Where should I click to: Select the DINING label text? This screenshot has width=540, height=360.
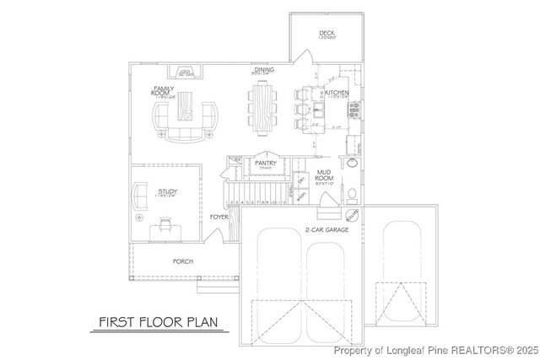pos(263,72)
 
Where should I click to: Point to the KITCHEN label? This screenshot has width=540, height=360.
pos(337,93)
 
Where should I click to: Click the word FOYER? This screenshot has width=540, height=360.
pos(219,217)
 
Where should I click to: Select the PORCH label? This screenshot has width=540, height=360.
pos(182,261)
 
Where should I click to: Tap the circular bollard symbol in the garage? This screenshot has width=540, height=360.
pos(352,214)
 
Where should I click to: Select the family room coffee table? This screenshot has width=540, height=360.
pos(184,112)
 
